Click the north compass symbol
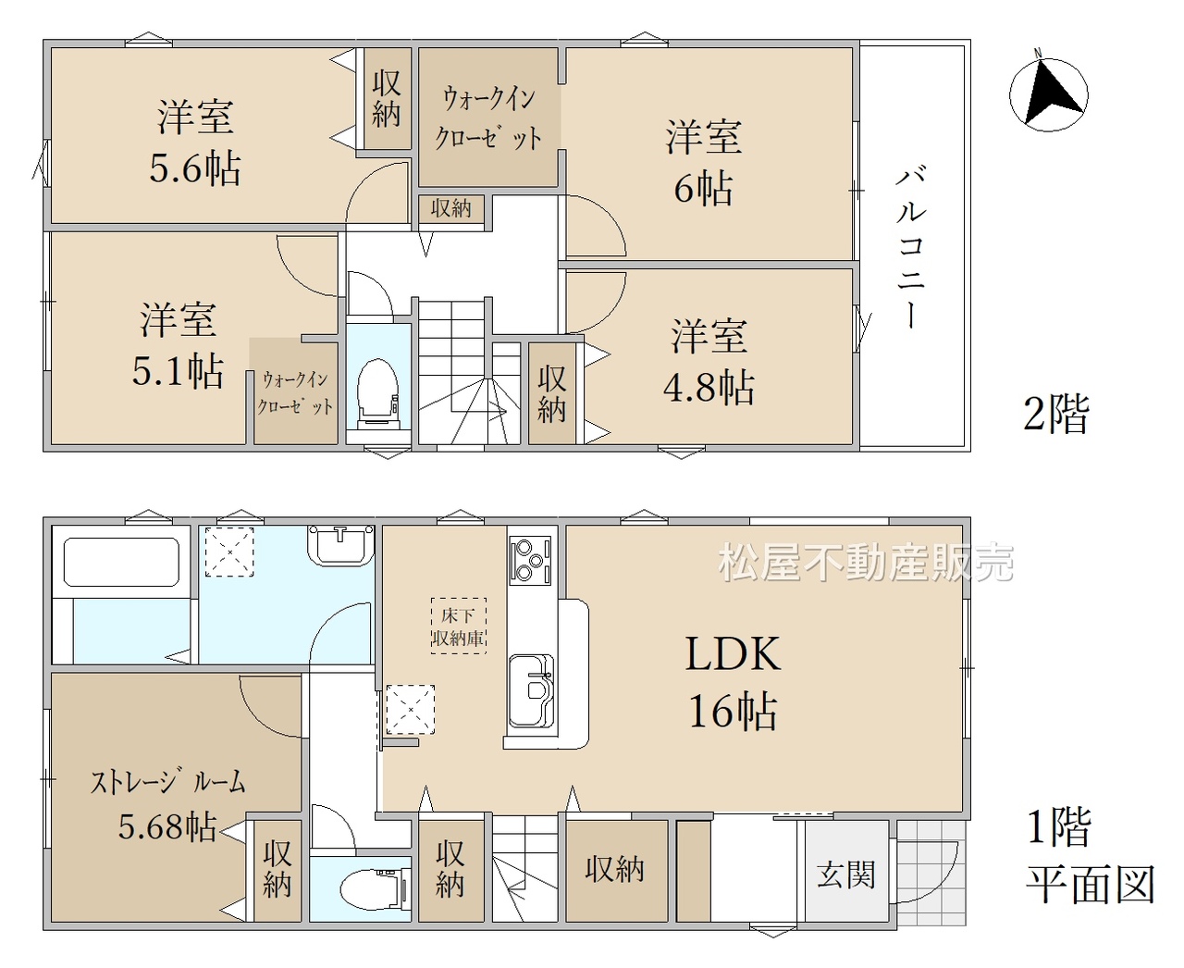point(1048,93)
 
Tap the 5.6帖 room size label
point(195,168)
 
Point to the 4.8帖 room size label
point(709,387)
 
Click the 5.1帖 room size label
point(178,370)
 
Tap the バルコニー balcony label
point(910,246)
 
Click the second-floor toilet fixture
point(377,393)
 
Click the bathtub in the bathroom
point(121,563)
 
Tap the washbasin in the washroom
point(340,544)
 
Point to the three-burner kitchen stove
point(530,560)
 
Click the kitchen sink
point(531,690)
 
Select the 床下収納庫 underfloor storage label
point(458,627)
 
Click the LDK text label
point(733,654)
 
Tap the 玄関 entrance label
point(846,875)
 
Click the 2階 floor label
point(1056,414)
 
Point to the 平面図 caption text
point(1091,884)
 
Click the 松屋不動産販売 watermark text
point(866,562)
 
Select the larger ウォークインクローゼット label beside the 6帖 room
point(488,118)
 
